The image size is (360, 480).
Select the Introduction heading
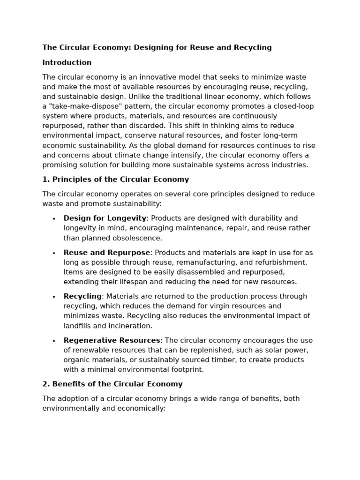[x=67, y=62]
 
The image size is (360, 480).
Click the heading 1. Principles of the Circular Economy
[x=116, y=180]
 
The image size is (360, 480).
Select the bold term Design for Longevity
[x=105, y=218]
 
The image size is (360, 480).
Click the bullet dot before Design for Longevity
[x=54, y=219]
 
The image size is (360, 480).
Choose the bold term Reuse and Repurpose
[x=107, y=253]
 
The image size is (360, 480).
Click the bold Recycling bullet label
[x=82, y=296]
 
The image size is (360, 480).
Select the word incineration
[x=129, y=326]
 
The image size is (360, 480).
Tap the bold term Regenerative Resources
[x=112, y=340]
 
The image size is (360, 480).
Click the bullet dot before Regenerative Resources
[x=54, y=341]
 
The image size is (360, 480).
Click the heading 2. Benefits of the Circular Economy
[x=112, y=384]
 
